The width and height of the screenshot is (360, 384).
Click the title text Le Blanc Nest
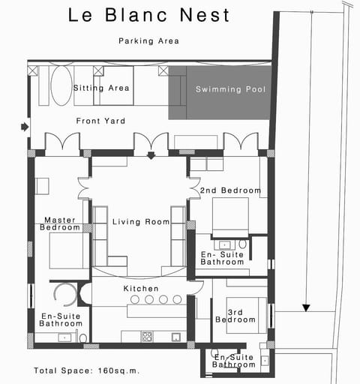point(149,14)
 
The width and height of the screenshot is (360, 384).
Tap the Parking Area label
point(149,41)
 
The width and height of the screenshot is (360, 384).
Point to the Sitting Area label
point(101,88)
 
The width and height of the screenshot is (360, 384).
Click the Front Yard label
point(100,120)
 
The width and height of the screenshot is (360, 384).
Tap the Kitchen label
point(141,288)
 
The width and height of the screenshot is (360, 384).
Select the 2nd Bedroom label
point(230,190)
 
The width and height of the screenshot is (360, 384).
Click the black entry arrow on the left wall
point(25,127)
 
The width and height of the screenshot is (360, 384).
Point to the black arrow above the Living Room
point(151,156)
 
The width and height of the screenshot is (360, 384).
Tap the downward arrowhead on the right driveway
point(306,307)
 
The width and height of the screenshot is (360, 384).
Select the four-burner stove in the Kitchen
point(147,336)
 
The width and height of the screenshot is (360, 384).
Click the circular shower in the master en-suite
point(64,294)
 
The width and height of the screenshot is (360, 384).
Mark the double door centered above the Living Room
point(151,142)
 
